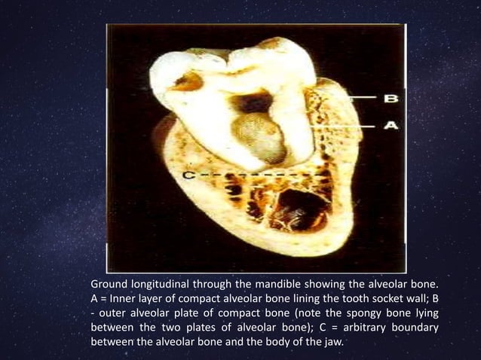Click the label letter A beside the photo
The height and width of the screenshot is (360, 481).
pyautogui.click(x=391, y=126)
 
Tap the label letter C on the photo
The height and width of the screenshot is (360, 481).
pyautogui.click(x=189, y=175)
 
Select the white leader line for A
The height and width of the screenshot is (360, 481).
pyautogui.click(x=354, y=126)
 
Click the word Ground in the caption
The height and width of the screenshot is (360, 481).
pyautogui.click(x=110, y=285)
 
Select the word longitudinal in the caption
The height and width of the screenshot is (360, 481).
pyautogui.click(x=166, y=285)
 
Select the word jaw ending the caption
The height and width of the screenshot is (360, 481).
pyautogui.click(x=332, y=343)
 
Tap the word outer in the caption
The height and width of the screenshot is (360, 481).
pyautogui.click(x=115, y=314)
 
